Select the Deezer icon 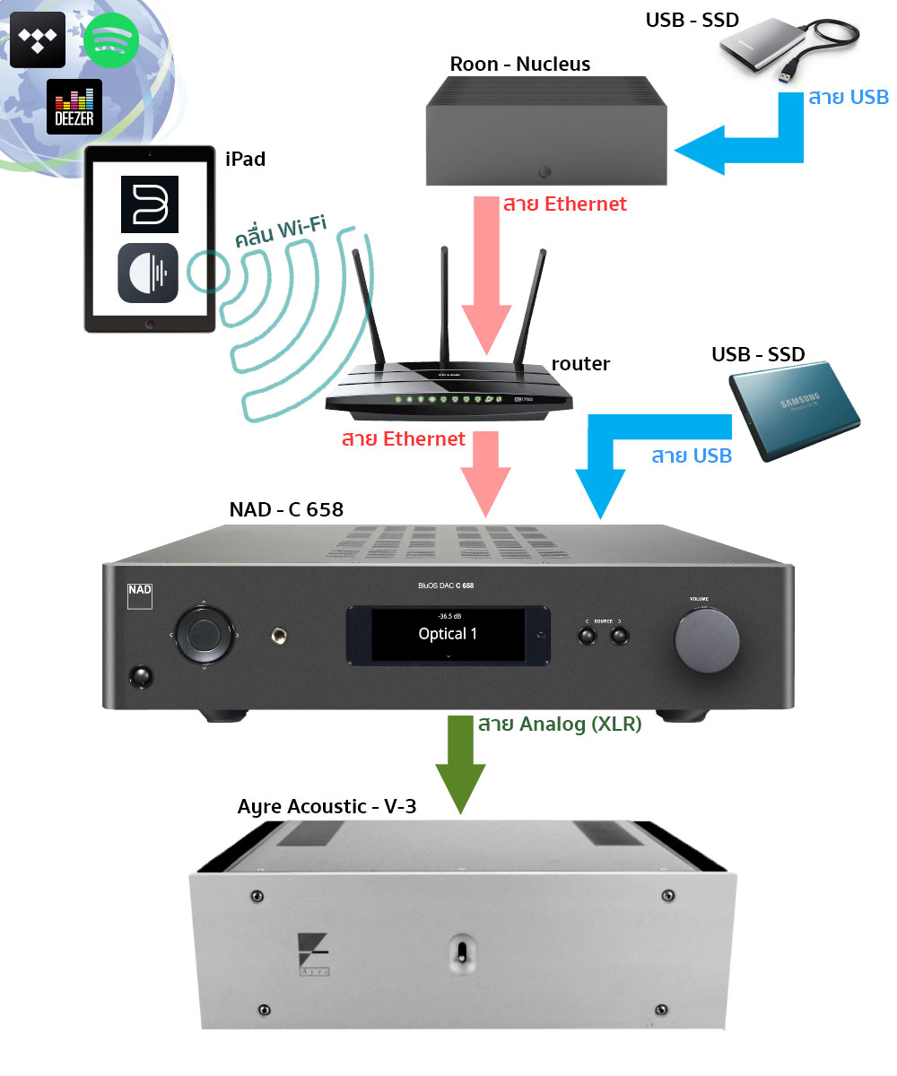pos(74,107)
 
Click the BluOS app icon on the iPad pos(149,204)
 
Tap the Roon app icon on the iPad pos(149,273)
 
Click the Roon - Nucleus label pos(519,64)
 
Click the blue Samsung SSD pos(793,409)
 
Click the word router pos(580,363)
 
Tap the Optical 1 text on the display pos(448,634)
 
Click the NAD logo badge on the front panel pos(139,594)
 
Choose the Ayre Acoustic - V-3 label pos(327,806)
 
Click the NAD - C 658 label pos(286,510)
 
